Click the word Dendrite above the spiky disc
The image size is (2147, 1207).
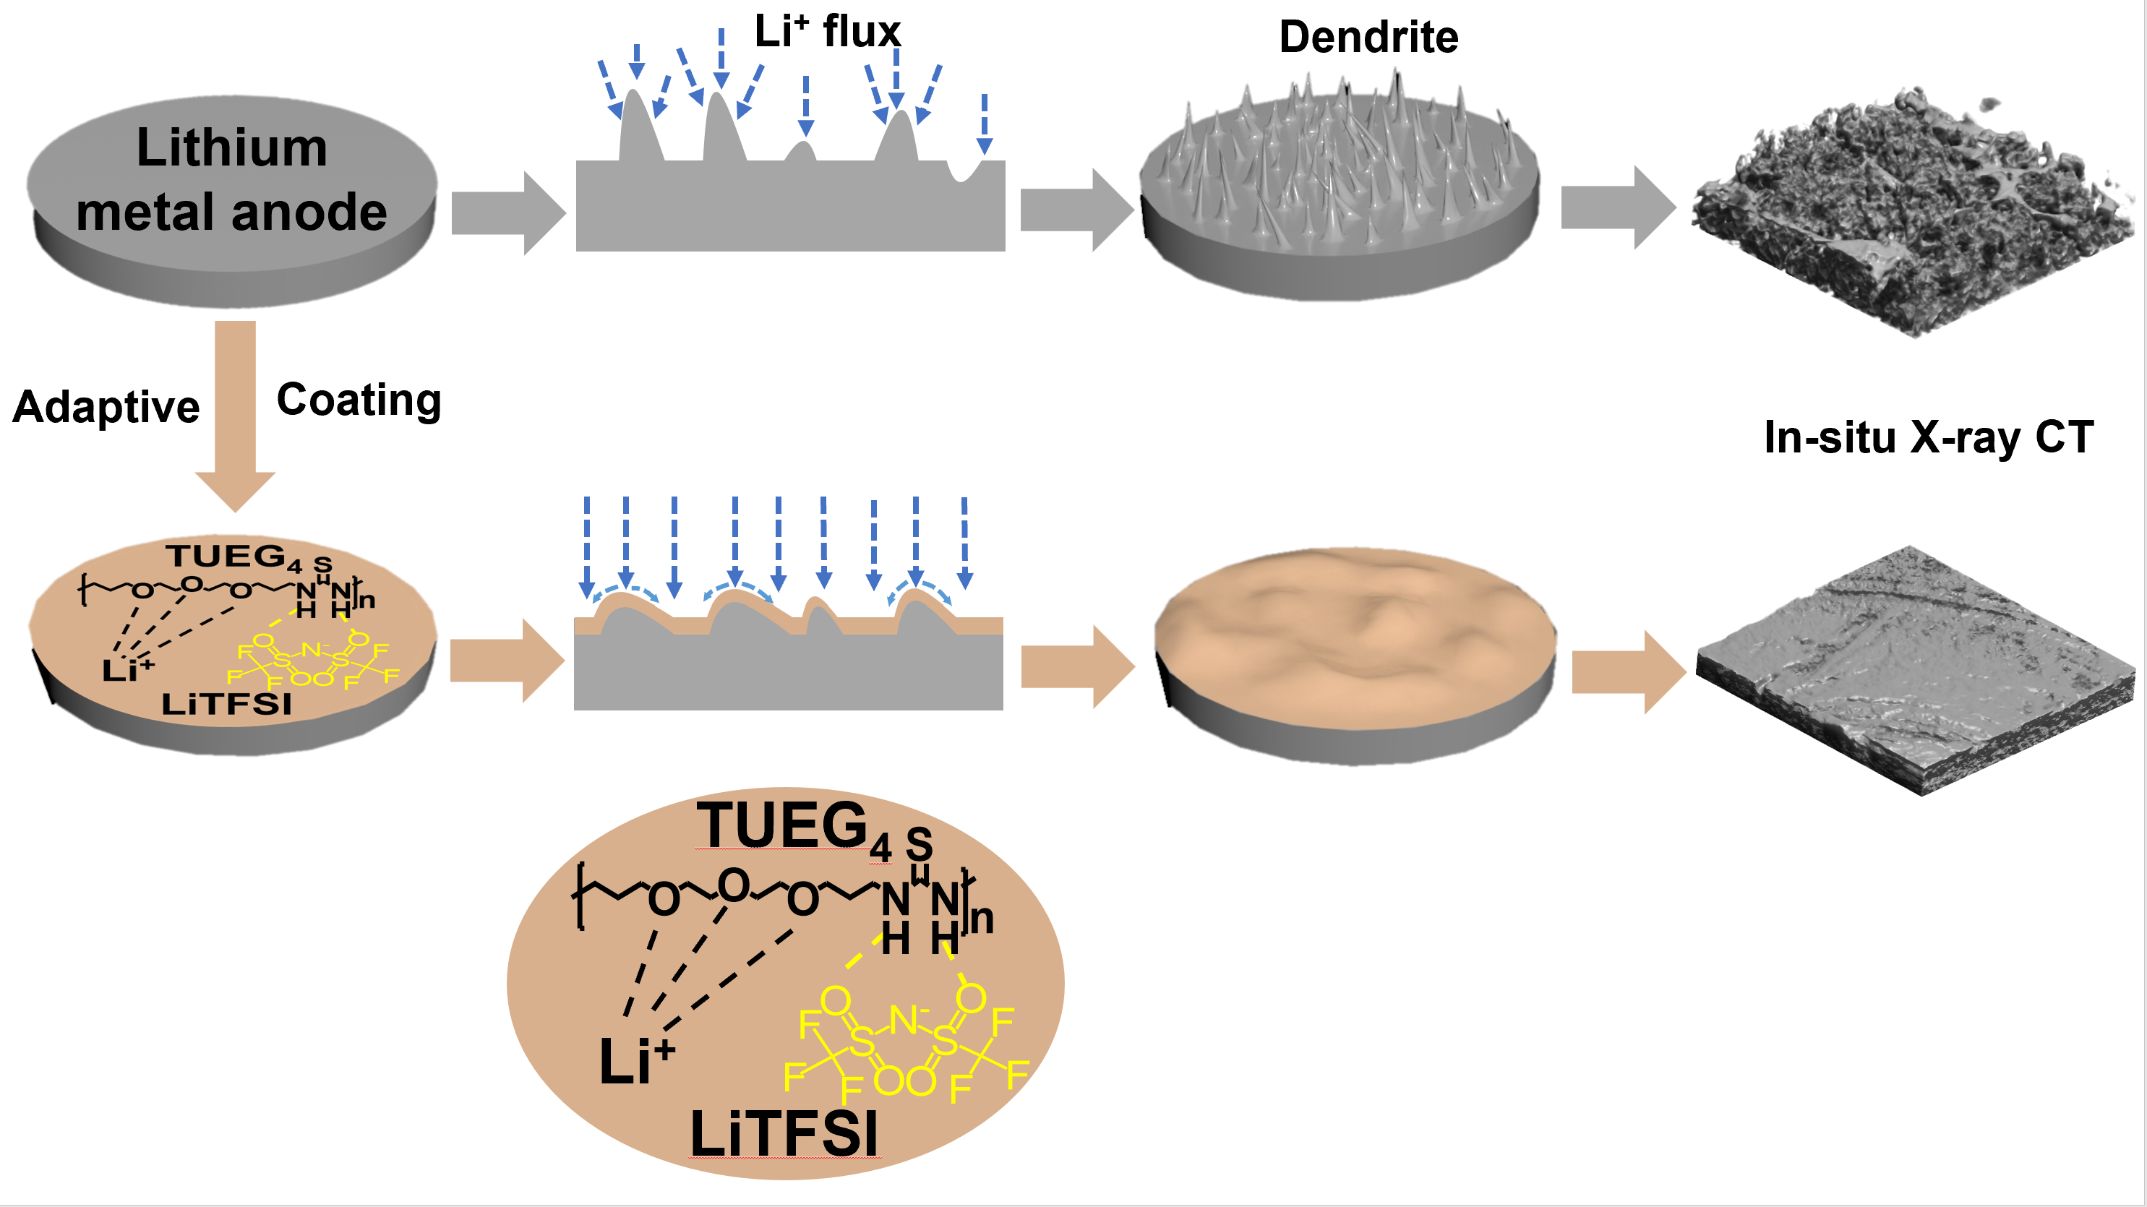[1368, 38]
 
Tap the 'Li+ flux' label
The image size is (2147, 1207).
[827, 32]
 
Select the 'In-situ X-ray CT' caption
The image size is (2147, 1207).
[1928, 437]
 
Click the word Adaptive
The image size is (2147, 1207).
[106, 408]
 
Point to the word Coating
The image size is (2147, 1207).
[359, 400]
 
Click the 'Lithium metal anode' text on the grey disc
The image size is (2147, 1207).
[232, 179]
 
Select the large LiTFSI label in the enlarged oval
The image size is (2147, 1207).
[784, 1135]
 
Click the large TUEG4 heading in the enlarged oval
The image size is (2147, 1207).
[792, 827]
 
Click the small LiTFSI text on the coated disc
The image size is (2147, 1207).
[227, 705]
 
